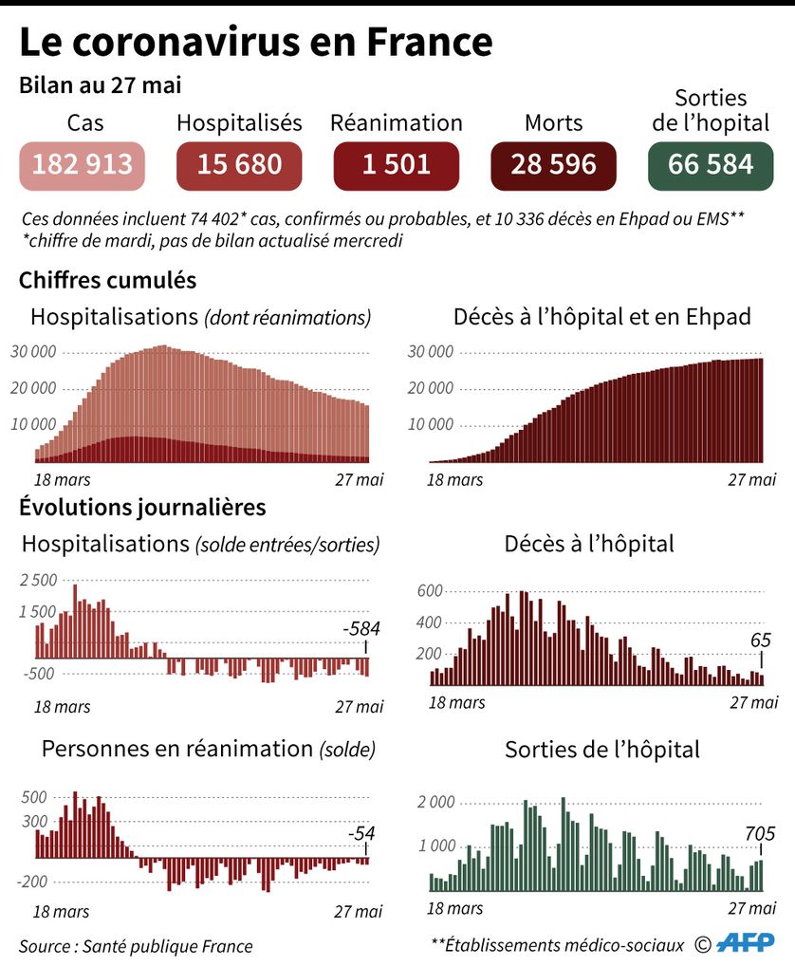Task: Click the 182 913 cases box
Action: (83, 164)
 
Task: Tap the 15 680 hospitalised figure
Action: (239, 164)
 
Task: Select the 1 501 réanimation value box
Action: (396, 164)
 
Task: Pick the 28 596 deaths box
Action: (553, 164)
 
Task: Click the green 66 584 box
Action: (711, 164)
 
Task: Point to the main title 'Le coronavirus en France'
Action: (256, 43)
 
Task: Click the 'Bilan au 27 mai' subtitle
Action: (102, 85)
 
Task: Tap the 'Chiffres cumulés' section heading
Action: (108, 281)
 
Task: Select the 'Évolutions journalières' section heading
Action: (142, 507)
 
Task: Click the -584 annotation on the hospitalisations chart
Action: (360, 629)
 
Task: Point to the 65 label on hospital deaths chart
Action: (761, 641)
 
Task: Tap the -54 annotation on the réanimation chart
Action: (361, 834)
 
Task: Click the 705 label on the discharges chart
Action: (759, 835)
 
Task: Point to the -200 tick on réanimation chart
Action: (33, 882)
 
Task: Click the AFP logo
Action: (746, 943)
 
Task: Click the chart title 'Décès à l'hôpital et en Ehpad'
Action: (601, 317)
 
